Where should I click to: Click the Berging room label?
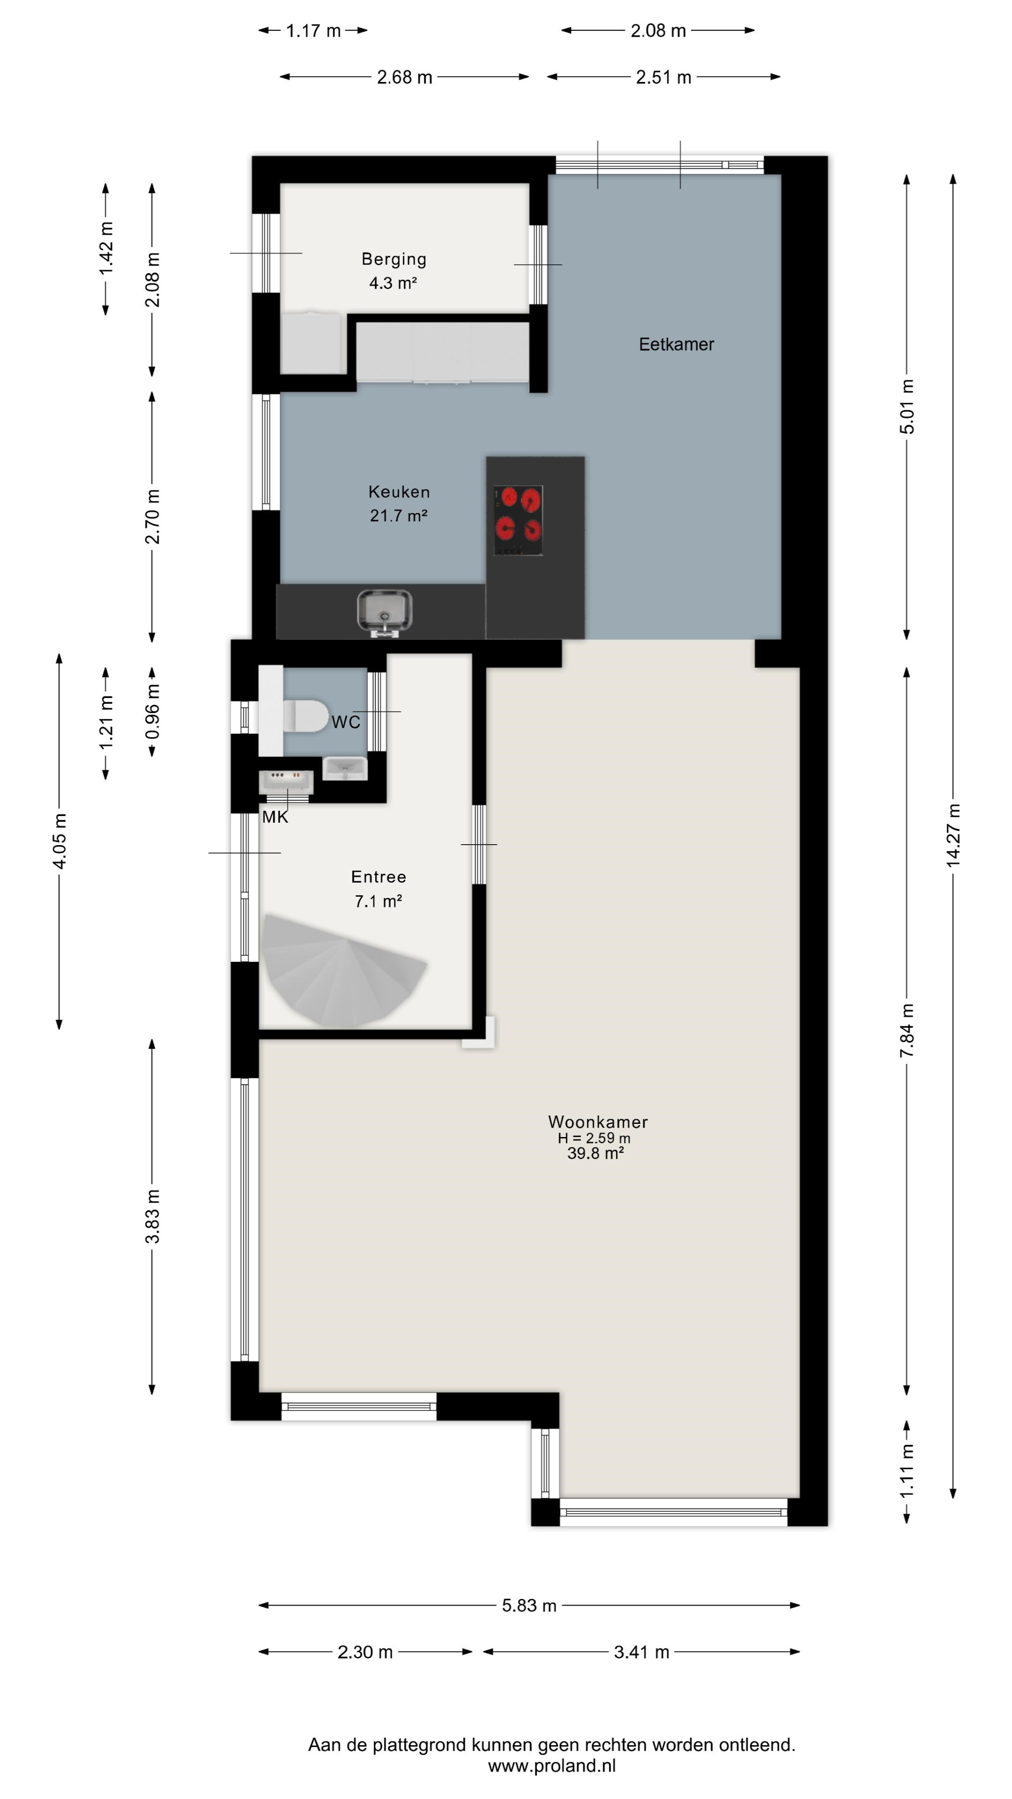pyautogui.click(x=394, y=259)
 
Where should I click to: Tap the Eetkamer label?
pyautogui.click(x=676, y=344)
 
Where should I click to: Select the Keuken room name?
pyautogui.click(x=399, y=491)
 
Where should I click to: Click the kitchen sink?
pyautogui.click(x=384, y=612)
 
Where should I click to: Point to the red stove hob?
pyautogui.click(x=518, y=520)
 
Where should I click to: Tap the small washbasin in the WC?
pyautogui.click(x=344, y=768)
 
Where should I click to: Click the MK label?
pyautogui.click(x=275, y=817)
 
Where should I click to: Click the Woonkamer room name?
pyautogui.click(x=598, y=1122)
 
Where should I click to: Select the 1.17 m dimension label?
pyautogui.click(x=313, y=31)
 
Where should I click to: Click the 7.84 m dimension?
pyautogui.click(x=907, y=1030)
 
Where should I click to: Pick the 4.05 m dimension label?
pyautogui.click(x=60, y=841)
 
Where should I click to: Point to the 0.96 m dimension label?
pyautogui.click(x=152, y=712)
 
